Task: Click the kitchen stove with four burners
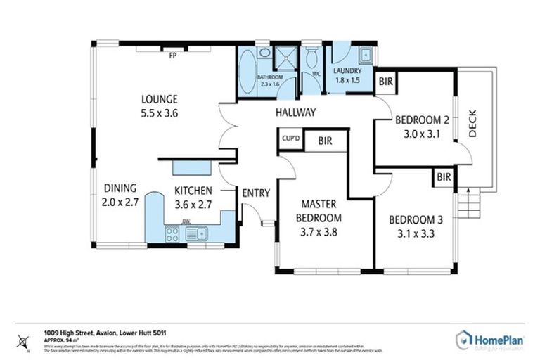coord(172,234)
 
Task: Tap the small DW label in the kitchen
coord(186,222)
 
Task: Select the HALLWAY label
coord(295,112)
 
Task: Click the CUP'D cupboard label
coord(290,139)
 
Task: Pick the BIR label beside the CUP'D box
coord(325,141)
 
